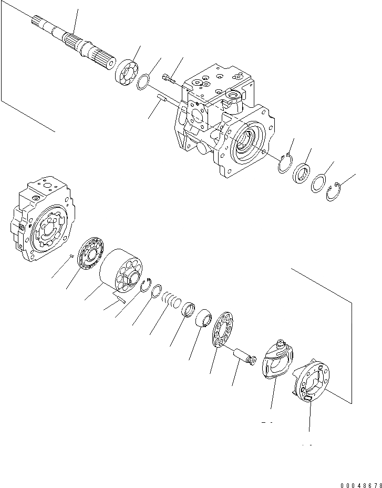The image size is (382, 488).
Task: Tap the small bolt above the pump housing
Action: click(167, 79)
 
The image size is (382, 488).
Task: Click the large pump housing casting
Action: click(221, 121)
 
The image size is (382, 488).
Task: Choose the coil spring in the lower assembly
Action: click(171, 300)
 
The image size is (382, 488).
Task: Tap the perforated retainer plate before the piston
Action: click(224, 329)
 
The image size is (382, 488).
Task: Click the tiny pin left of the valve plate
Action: click(71, 256)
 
